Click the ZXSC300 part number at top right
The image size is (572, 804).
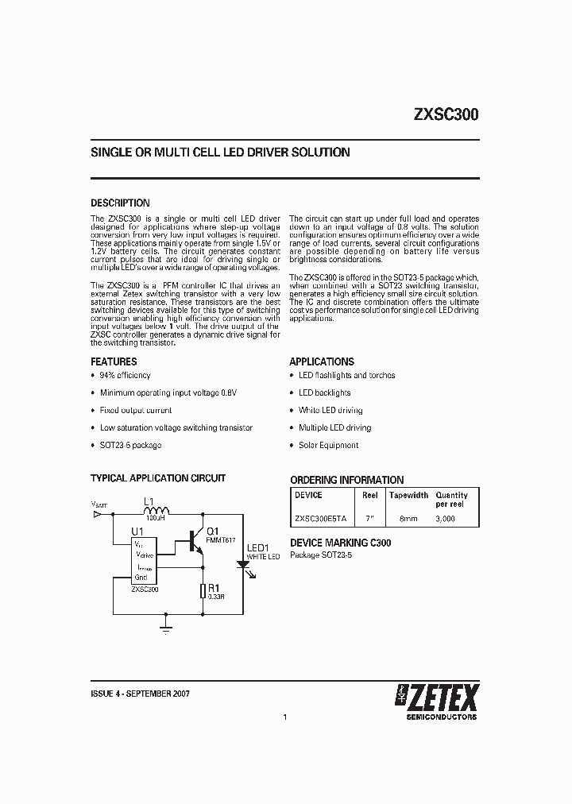[x=445, y=114]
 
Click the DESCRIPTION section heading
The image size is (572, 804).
[x=120, y=203]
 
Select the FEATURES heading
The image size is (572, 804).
[x=114, y=361]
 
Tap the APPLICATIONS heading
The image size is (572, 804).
[x=322, y=361]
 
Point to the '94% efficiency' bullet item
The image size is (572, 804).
[x=125, y=375]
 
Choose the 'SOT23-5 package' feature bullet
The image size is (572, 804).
[x=130, y=445]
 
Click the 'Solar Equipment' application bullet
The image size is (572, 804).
[x=328, y=445]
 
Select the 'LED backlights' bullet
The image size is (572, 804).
[x=324, y=392]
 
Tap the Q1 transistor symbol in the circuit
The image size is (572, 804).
[x=195, y=542]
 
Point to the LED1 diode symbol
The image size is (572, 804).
[x=242, y=564]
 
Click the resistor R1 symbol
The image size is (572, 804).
[x=203, y=591]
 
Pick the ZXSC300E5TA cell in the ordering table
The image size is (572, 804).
[x=321, y=517]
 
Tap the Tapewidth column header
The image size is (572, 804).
[x=408, y=495]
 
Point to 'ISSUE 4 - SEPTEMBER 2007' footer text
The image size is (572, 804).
[x=140, y=694]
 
